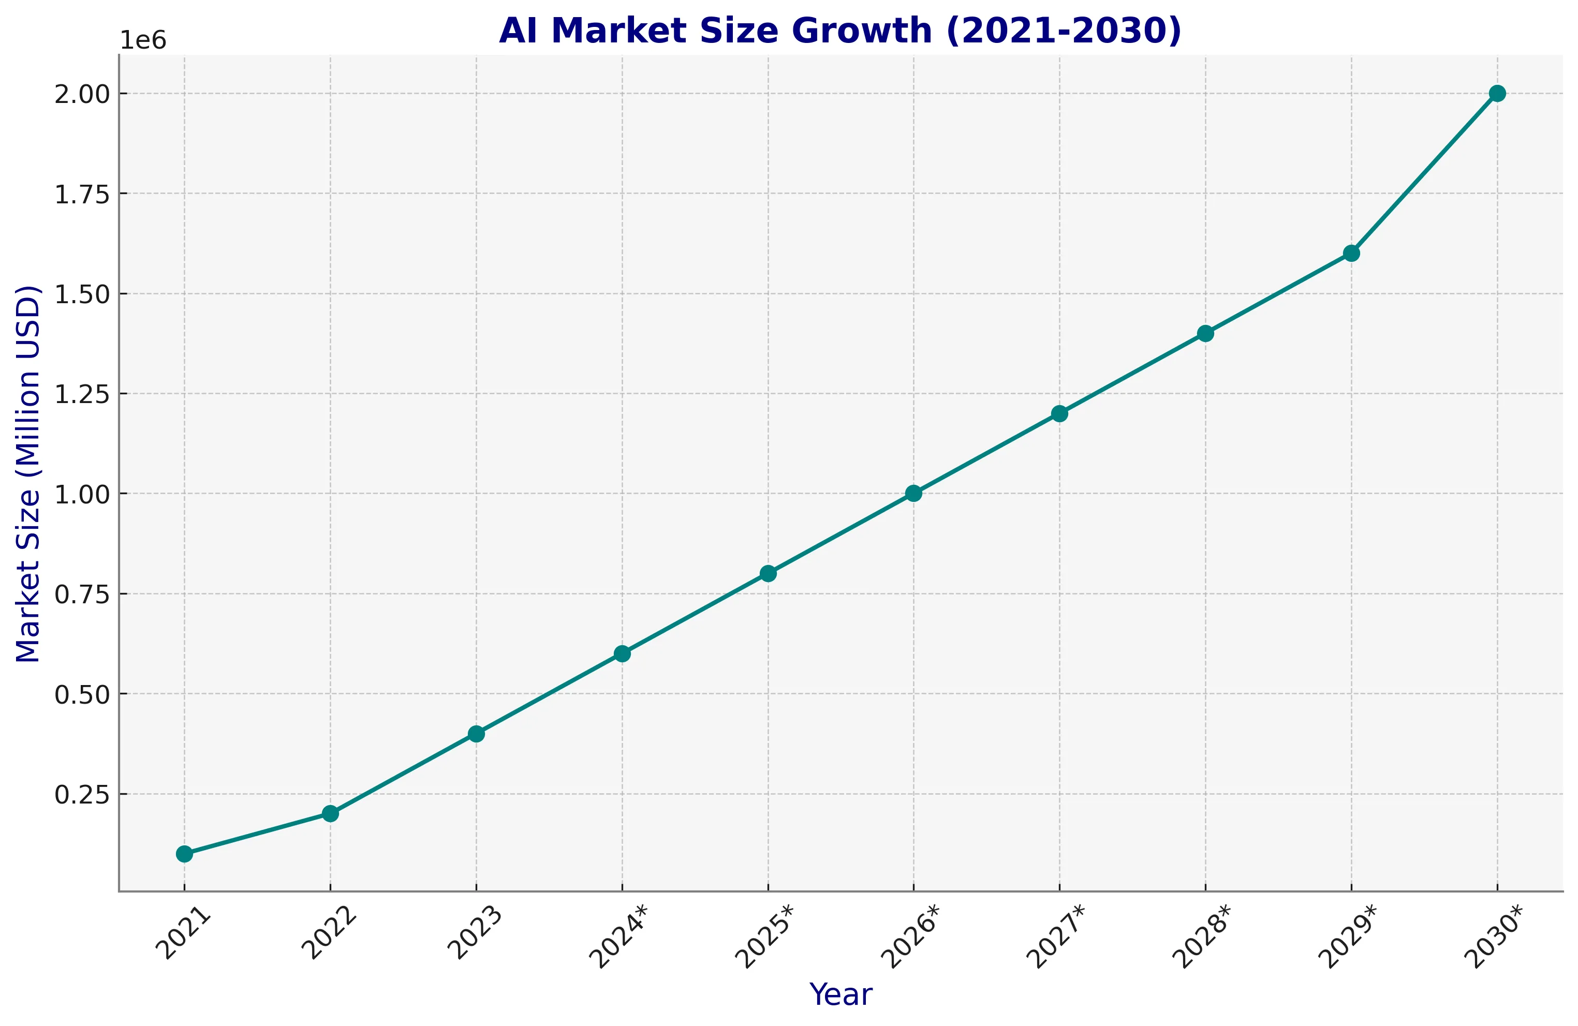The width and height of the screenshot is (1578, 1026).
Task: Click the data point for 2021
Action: (x=184, y=854)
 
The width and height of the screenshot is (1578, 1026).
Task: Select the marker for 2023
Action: (x=476, y=734)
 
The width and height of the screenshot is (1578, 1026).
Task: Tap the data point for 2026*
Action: (x=913, y=493)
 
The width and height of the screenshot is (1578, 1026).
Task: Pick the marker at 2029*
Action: (x=1351, y=253)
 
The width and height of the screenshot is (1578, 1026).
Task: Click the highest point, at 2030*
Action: (x=1497, y=94)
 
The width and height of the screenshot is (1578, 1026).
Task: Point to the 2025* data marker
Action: (x=768, y=573)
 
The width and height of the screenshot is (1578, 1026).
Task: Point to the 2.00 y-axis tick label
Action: (x=82, y=94)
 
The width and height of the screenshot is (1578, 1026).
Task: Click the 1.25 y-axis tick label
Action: (x=82, y=394)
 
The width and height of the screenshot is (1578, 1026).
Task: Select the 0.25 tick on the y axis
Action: (x=82, y=795)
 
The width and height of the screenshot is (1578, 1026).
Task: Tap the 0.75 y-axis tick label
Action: (x=82, y=594)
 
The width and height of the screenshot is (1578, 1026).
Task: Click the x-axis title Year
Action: (x=840, y=995)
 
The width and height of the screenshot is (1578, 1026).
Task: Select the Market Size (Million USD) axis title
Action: (x=28, y=473)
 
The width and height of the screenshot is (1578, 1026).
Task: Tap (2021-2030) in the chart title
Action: (x=1064, y=31)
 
